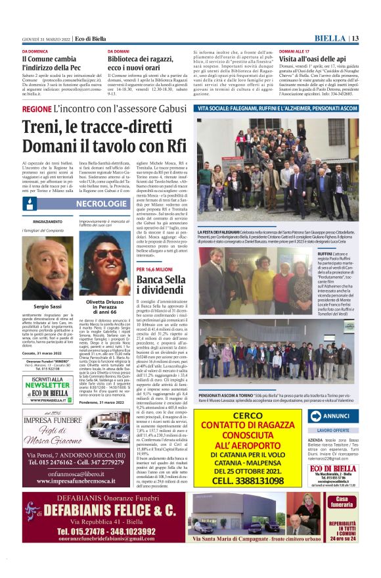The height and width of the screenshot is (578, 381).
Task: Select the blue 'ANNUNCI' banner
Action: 336,416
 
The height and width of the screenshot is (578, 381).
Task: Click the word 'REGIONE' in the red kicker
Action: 37,108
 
